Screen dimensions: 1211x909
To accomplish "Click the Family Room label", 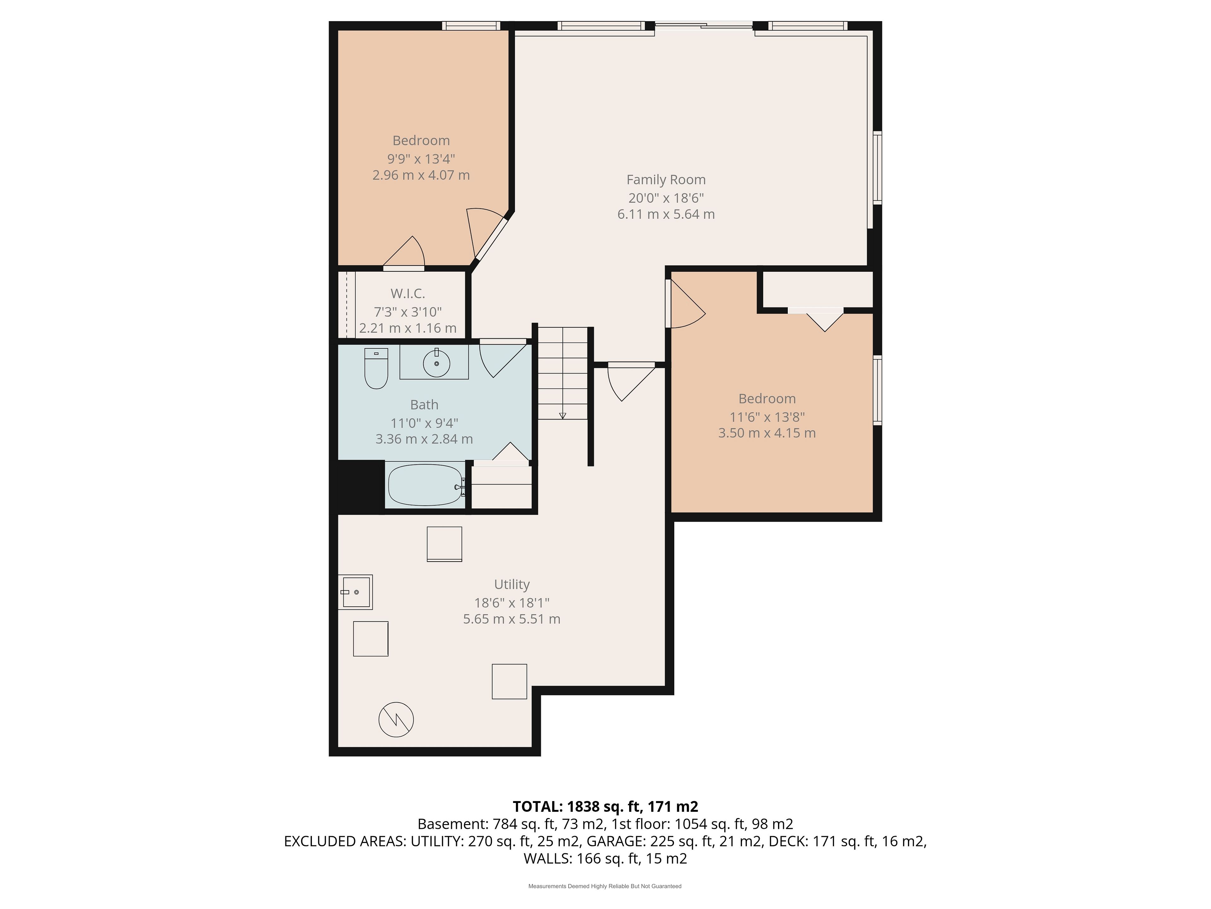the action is point(666,180).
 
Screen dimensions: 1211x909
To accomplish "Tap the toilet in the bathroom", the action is point(376,368).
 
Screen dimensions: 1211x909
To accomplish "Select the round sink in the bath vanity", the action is point(436,363).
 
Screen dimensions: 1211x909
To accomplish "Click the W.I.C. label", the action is point(408,294).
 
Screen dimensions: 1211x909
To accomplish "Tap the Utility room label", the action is point(512,584).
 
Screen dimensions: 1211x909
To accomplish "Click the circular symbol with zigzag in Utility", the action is point(396,719).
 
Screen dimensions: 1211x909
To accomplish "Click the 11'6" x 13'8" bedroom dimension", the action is point(767,417).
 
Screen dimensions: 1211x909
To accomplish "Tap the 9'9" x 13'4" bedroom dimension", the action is point(421,159).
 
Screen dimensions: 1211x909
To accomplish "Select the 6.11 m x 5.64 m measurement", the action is point(666,214).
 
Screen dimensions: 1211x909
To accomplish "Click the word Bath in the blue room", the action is point(424,405).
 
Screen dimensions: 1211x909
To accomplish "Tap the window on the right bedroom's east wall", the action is point(877,390).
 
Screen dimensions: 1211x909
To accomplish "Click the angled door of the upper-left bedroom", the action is point(490,239).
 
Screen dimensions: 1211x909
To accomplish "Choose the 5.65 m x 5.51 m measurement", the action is point(512,619).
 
